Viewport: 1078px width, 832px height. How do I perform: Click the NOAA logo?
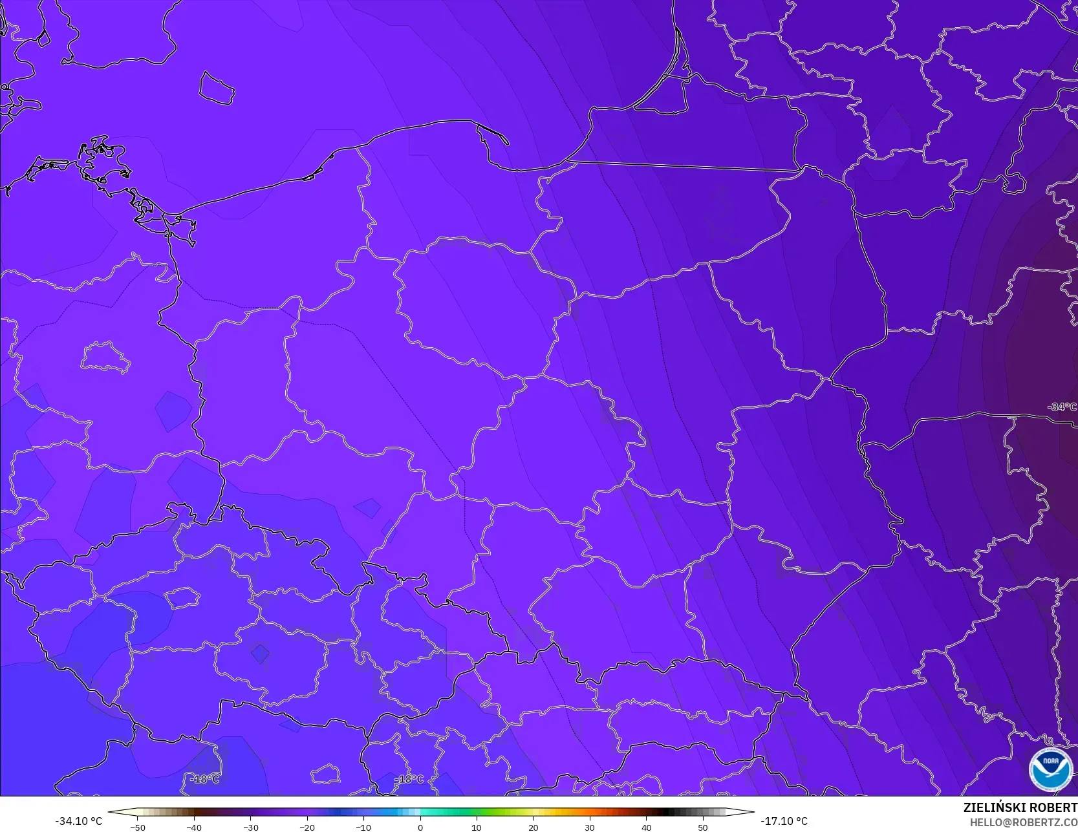point(1051,769)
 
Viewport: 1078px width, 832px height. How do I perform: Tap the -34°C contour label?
point(1062,407)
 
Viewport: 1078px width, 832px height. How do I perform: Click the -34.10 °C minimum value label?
point(78,821)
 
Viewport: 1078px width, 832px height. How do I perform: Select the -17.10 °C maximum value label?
point(784,821)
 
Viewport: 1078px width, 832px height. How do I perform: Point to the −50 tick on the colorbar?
point(137,827)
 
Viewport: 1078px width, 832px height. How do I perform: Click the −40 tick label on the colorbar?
point(194,827)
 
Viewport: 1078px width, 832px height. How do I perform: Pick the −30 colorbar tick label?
point(250,827)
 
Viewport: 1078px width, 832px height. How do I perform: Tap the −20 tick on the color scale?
point(307,827)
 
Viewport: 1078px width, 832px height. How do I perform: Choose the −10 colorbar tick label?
point(363,827)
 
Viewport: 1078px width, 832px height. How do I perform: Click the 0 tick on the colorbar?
point(420,827)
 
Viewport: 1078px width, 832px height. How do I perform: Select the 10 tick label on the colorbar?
point(477,827)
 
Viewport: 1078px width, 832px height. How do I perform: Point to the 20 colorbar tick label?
point(533,827)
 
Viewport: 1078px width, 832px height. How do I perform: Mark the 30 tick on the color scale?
point(590,827)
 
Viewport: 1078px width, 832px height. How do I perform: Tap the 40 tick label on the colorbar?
point(646,827)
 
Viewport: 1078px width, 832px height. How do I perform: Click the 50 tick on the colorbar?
point(703,827)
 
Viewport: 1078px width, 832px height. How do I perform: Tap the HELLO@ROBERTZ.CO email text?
point(1024,822)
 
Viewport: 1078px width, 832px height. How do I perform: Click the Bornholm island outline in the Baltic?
point(216,88)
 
